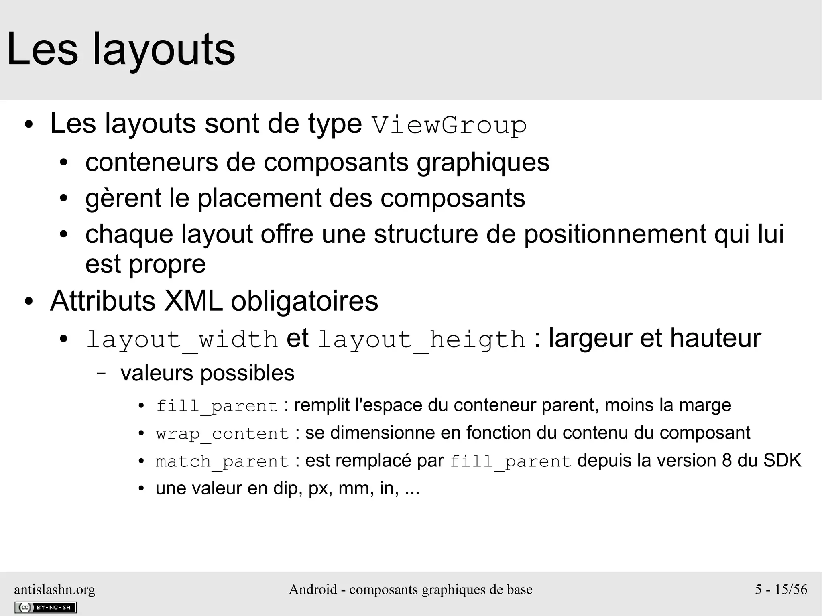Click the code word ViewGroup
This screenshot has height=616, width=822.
point(449,125)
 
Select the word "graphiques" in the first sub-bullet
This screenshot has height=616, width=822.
point(483,163)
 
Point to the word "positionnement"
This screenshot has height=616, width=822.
point(615,234)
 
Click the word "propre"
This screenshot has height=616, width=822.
point(167,264)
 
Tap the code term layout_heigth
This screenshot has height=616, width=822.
point(421,340)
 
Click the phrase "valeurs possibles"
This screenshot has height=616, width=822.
point(207,373)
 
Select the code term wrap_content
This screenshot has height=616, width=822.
point(222,434)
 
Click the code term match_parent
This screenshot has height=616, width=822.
point(222,461)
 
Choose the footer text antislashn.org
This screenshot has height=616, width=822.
point(55,589)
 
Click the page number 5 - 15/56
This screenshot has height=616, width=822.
point(781,589)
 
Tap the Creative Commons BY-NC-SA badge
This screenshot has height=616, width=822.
point(45,607)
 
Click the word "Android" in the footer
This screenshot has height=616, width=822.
point(313,589)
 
